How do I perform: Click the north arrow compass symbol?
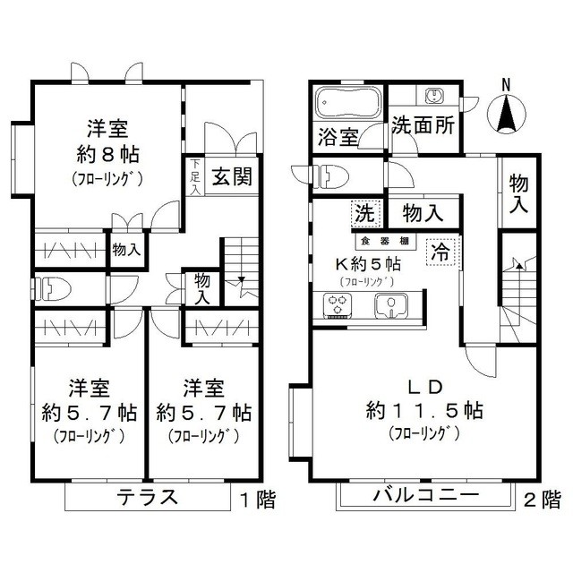(x=506, y=109)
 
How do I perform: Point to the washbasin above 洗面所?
(x=435, y=96)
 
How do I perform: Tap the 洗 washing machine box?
(x=364, y=214)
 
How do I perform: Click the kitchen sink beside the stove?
(x=389, y=306)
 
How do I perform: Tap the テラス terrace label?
(x=149, y=498)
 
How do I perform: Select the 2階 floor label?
(x=542, y=500)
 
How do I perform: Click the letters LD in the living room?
(x=426, y=387)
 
